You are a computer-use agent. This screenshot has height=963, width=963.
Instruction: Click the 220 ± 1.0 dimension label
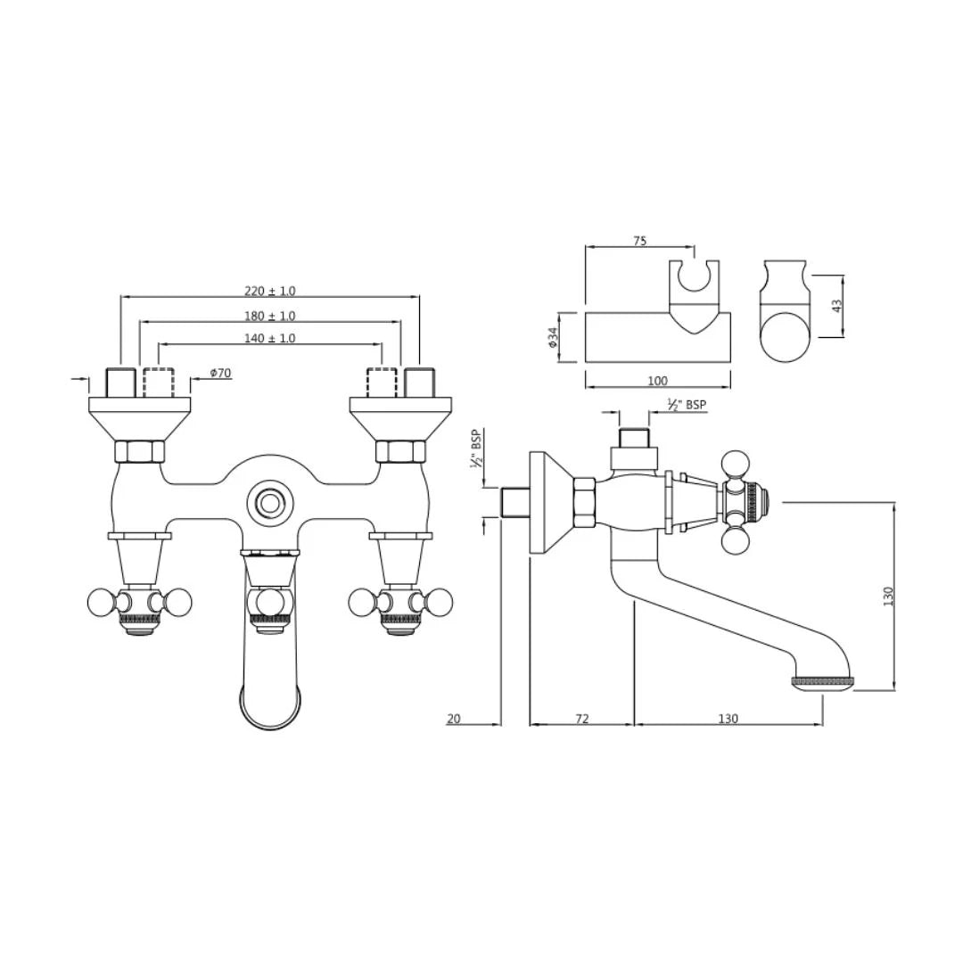(x=269, y=291)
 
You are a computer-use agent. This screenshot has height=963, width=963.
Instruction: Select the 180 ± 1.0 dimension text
(x=269, y=316)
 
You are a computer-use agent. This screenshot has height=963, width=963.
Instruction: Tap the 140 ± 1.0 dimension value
(x=269, y=339)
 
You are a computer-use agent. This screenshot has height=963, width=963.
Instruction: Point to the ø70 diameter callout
(x=220, y=373)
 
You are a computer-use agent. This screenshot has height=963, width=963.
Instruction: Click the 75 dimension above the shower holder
(x=639, y=241)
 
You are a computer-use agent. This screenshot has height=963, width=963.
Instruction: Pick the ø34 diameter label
(x=553, y=337)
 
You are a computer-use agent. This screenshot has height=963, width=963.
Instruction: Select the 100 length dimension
(x=657, y=381)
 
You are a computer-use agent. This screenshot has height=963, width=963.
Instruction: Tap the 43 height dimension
(x=836, y=305)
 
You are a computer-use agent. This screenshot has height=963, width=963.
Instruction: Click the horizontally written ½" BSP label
(x=687, y=406)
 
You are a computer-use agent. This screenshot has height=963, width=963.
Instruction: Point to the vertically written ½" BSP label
(x=476, y=451)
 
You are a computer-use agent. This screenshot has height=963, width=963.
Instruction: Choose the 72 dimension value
(x=581, y=719)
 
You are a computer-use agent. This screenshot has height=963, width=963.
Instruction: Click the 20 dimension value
(x=454, y=719)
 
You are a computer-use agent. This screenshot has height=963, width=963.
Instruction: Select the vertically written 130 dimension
(x=887, y=596)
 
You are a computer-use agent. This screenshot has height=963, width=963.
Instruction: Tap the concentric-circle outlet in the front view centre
(x=268, y=502)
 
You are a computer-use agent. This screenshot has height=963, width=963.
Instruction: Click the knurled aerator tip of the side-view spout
(x=822, y=682)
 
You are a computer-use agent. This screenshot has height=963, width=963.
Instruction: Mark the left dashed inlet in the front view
(x=158, y=383)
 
